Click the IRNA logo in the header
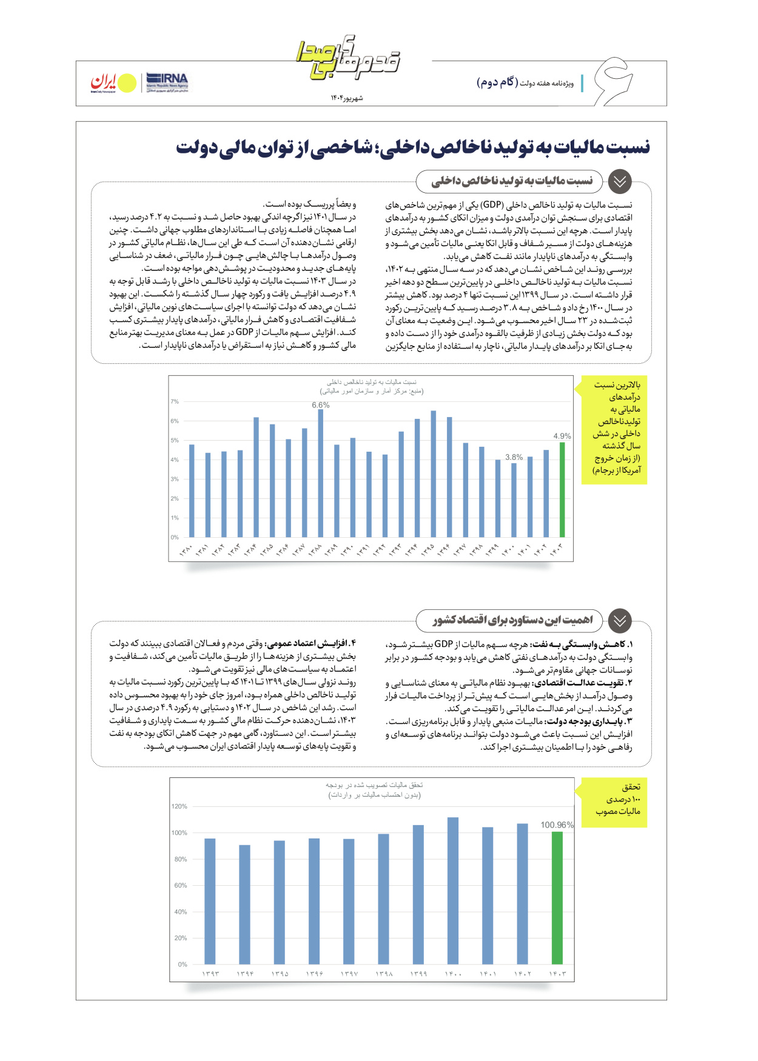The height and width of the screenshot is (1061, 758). coord(167,82)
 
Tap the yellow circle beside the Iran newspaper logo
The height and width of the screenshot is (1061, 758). coord(127,84)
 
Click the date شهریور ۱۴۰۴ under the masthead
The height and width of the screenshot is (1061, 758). coord(347,98)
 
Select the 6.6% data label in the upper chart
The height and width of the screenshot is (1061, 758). coord(321,405)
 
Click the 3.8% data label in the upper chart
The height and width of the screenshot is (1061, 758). coord(514,457)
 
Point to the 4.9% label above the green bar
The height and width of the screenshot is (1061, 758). coord(562,436)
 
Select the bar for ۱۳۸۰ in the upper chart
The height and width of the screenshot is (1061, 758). coord(192,491)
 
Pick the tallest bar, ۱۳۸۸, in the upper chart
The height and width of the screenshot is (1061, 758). coord(321,474)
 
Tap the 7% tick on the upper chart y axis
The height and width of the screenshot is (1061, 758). coord(175,401)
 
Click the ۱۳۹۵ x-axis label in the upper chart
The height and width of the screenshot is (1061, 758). coord(428,549)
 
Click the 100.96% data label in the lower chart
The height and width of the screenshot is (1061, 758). coord(557,825)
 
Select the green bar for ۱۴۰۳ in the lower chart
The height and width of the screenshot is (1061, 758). coord(557,898)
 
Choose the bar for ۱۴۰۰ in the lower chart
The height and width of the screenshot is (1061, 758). coord(453,891)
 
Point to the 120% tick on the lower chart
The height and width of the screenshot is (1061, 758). coord(179,806)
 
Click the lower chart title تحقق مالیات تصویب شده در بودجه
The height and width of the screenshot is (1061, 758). coord(374,785)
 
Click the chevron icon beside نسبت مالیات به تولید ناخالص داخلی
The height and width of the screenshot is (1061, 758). coord(619,181)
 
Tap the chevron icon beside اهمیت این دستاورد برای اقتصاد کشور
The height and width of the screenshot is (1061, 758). coord(619,620)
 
